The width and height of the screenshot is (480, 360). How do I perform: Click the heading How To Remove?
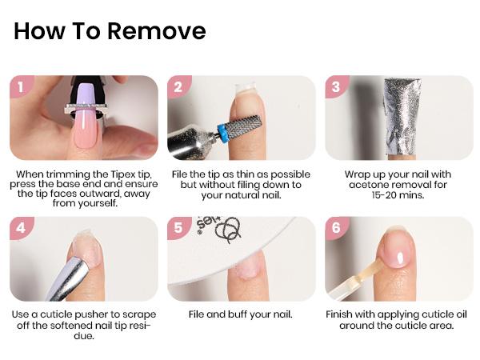(x=110, y=31)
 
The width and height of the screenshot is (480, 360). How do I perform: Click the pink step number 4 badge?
(x=21, y=227)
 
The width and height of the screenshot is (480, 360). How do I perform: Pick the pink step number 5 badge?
(x=178, y=227)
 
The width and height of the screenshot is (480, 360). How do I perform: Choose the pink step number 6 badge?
(x=336, y=227)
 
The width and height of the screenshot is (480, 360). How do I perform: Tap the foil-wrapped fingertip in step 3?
(x=400, y=116)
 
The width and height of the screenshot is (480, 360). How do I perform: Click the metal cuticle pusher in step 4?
(x=68, y=276)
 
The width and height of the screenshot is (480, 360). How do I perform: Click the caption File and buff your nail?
(x=241, y=314)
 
